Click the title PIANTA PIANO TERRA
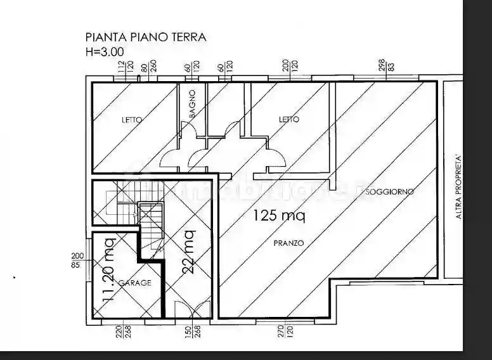tap(146, 37)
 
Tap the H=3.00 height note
tap(105, 51)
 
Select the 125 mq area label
tap(279, 216)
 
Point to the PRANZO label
tap(288, 243)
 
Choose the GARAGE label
tap(135, 283)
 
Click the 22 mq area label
tap(188, 251)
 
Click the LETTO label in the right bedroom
tap(289, 119)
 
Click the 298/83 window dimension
tap(386, 65)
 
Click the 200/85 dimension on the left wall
tap(75, 259)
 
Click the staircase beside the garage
tap(150, 228)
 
